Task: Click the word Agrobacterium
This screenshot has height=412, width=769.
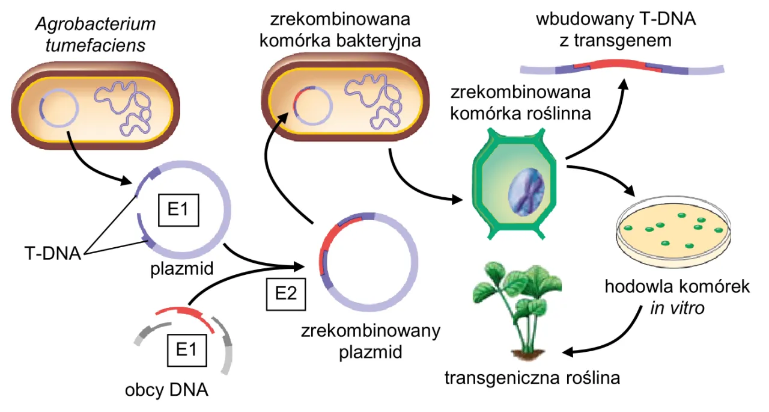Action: point(96,24)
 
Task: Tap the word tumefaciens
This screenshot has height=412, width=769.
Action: point(96,45)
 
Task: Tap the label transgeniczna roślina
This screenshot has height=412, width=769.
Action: point(532,378)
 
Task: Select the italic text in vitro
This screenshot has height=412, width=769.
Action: point(677,309)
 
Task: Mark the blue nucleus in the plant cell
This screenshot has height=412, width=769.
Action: point(527,192)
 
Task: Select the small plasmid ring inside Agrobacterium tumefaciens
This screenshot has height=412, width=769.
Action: point(58,108)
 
